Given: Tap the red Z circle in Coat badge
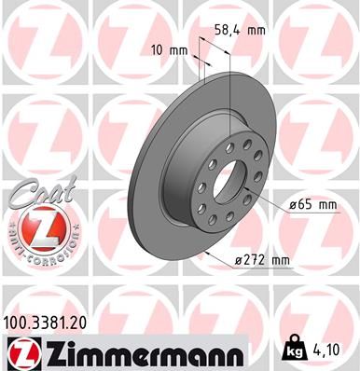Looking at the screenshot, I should [38, 227].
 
